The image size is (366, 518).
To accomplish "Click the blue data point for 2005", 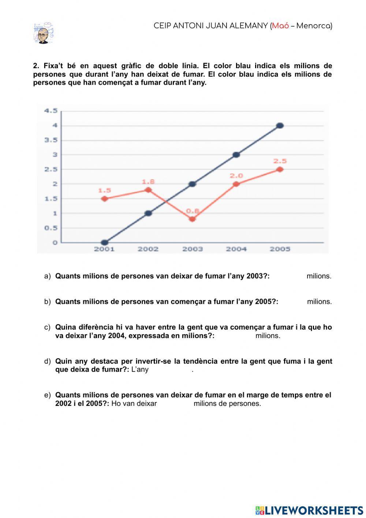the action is coord(280,126).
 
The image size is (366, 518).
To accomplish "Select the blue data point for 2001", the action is coord(105,242).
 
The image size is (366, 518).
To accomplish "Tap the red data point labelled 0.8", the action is coord(192,219).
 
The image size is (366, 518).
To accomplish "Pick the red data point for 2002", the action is coord(148,190).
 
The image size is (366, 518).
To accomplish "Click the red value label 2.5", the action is coord(280,161).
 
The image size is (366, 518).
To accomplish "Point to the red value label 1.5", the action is coord(104,191).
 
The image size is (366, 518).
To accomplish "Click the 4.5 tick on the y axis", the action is coord(51,111).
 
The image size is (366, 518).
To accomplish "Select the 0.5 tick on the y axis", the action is coord(51,228).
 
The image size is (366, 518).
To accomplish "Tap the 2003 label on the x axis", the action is coord(193,249).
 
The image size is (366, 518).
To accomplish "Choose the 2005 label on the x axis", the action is coord(280,249).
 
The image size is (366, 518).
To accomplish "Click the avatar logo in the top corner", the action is coord(43,33).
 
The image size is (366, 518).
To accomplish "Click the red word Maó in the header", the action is coord(280,26).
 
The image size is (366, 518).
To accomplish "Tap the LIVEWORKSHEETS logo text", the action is coord(314,510).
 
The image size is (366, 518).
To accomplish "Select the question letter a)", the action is coord(47,276).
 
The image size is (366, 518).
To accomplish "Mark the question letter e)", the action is coord(47,395).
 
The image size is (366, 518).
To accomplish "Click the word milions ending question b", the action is coord(319,302).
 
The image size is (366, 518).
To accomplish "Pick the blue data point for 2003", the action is coord(192,184).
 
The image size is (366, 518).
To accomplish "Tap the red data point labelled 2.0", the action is coord(236,184).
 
